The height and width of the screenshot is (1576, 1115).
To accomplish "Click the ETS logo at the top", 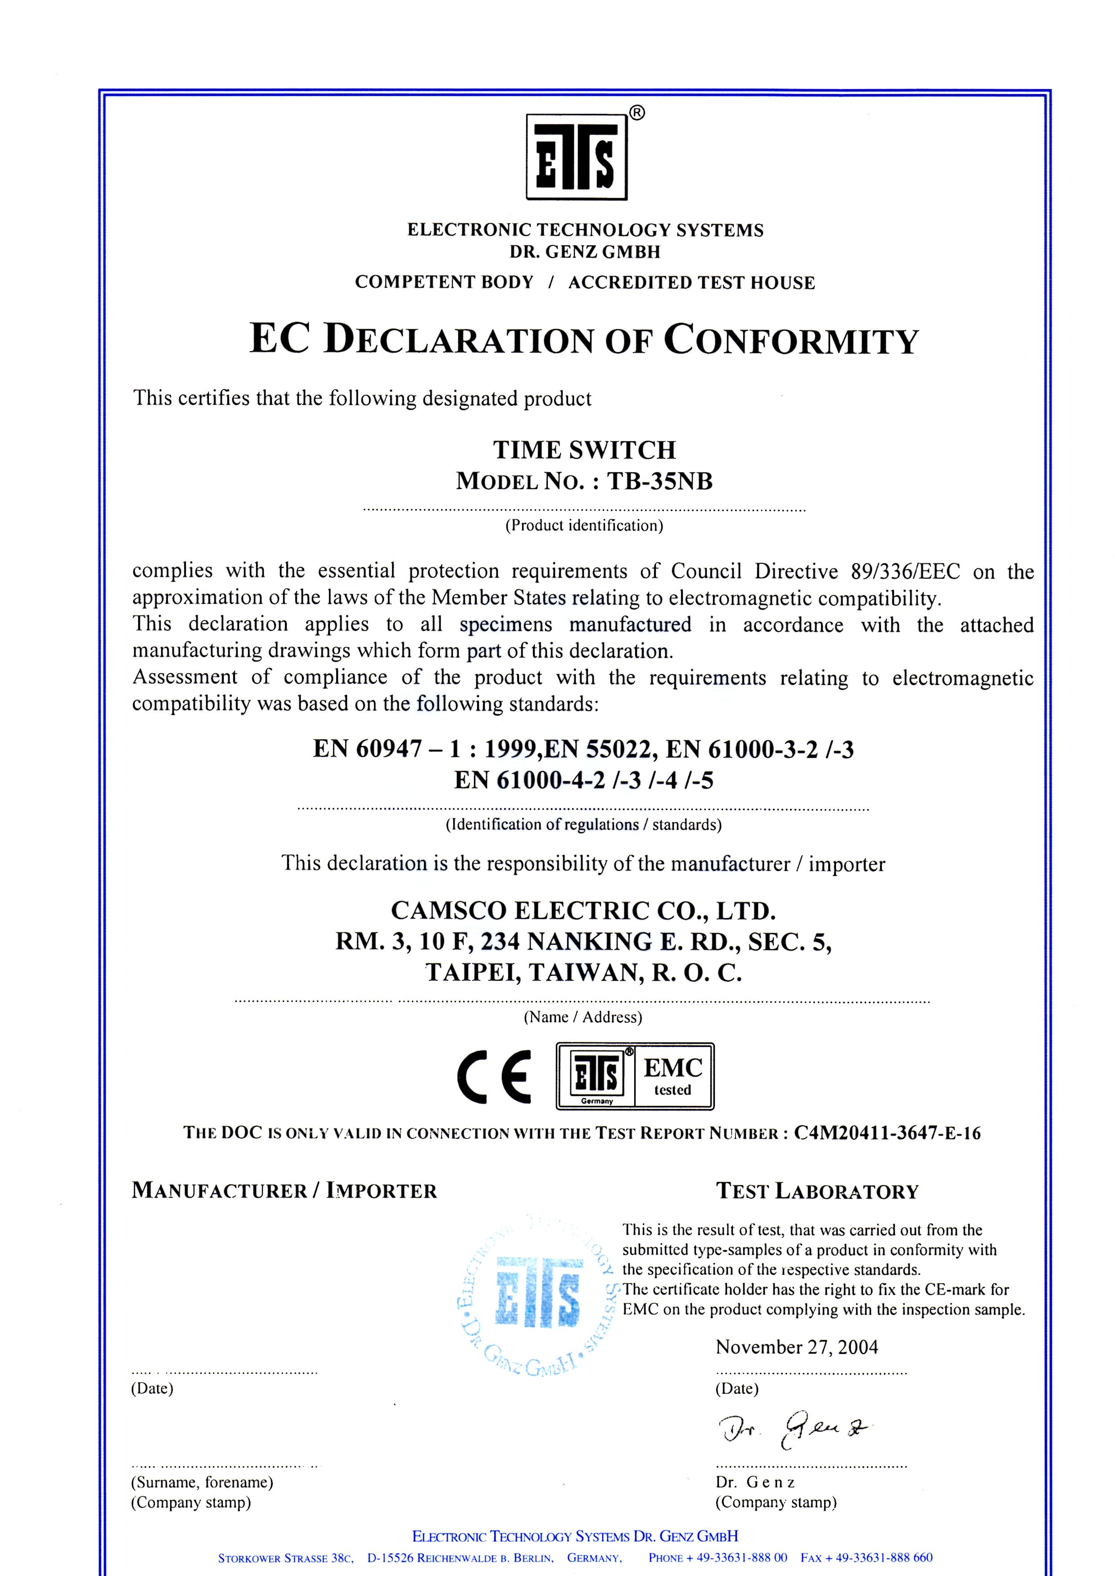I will coord(577,157).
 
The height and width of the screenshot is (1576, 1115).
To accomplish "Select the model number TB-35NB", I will coord(659,481).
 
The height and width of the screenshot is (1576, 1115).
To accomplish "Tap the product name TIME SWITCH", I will coord(584,450).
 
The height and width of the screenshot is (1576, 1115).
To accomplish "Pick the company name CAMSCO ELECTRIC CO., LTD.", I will coord(583,910).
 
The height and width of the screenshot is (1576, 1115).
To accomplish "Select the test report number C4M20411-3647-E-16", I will coord(887,1133).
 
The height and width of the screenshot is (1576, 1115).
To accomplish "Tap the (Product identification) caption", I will coord(584,526).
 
